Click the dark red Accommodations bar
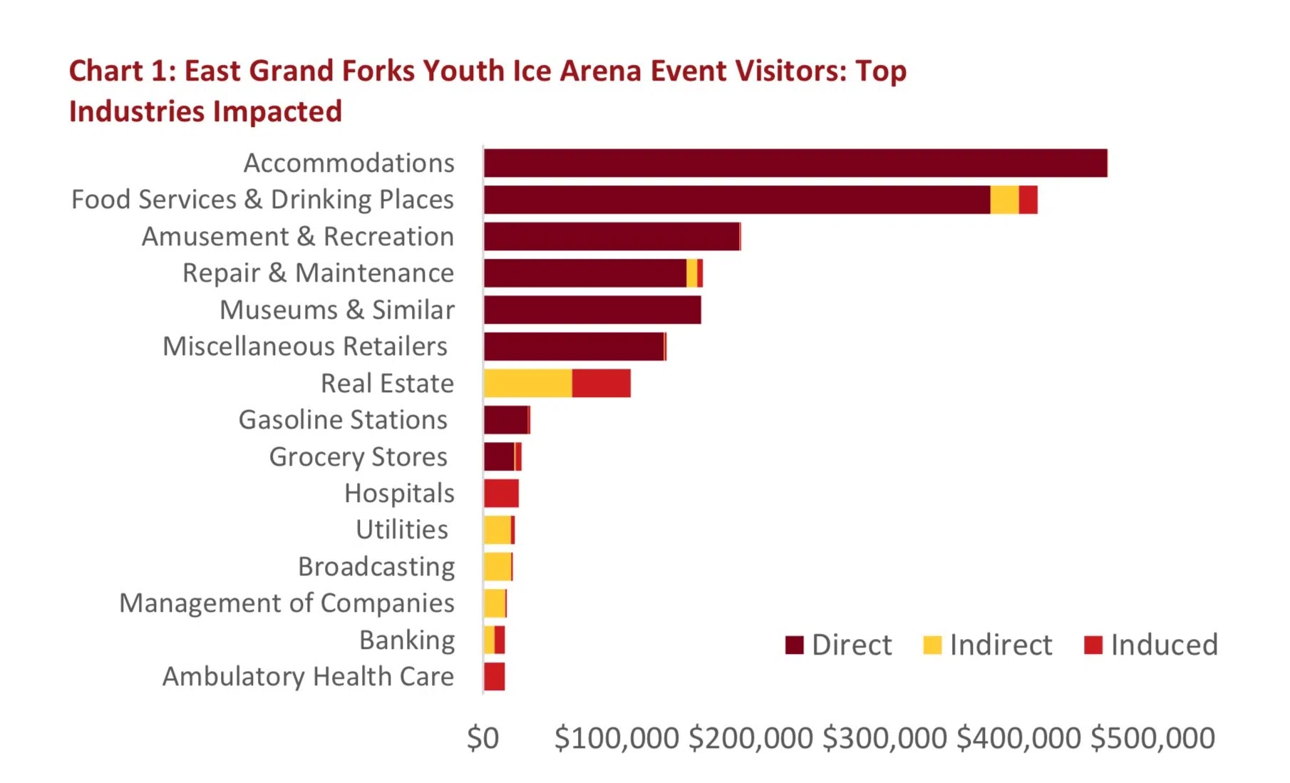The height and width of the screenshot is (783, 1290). pyautogui.click(x=795, y=163)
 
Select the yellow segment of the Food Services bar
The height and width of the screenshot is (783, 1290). pyautogui.click(x=1003, y=200)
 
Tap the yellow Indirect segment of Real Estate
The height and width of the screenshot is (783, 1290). pyautogui.click(x=527, y=384)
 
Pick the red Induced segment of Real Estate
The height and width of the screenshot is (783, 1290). pyautogui.click(x=601, y=384)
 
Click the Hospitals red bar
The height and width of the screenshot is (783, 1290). pyautogui.click(x=501, y=493)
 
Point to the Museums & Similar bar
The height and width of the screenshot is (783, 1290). pyautogui.click(x=592, y=310)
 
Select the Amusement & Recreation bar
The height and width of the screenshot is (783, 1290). pyautogui.click(x=612, y=237)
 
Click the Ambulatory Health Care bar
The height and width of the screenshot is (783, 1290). pyautogui.click(x=494, y=677)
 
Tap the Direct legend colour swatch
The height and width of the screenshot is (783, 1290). pyautogui.click(x=794, y=645)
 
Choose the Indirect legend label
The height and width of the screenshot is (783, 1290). pyautogui.click(x=1001, y=645)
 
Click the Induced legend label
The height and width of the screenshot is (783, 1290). pyautogui.click(x=1164, y=645)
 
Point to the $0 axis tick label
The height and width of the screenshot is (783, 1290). pyautogui.click(x=483, y=738)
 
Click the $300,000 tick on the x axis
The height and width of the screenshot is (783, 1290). pyautogui.click(x=884, y=738)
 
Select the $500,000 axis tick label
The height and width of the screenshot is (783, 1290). pyautogui.click(x=1152, y=738)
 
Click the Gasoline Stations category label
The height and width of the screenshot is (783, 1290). pyautogui.click(x=343, y=420)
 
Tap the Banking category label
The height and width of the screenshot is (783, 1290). pyautogui.click(x=406, y=640)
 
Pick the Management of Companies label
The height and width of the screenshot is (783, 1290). pyautogui.click(x=287, y=603)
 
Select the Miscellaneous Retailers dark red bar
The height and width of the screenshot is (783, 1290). pyautogui.click(x=573, y=347)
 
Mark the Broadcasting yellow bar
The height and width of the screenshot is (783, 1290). pyautogui.click(x=497, y=567)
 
